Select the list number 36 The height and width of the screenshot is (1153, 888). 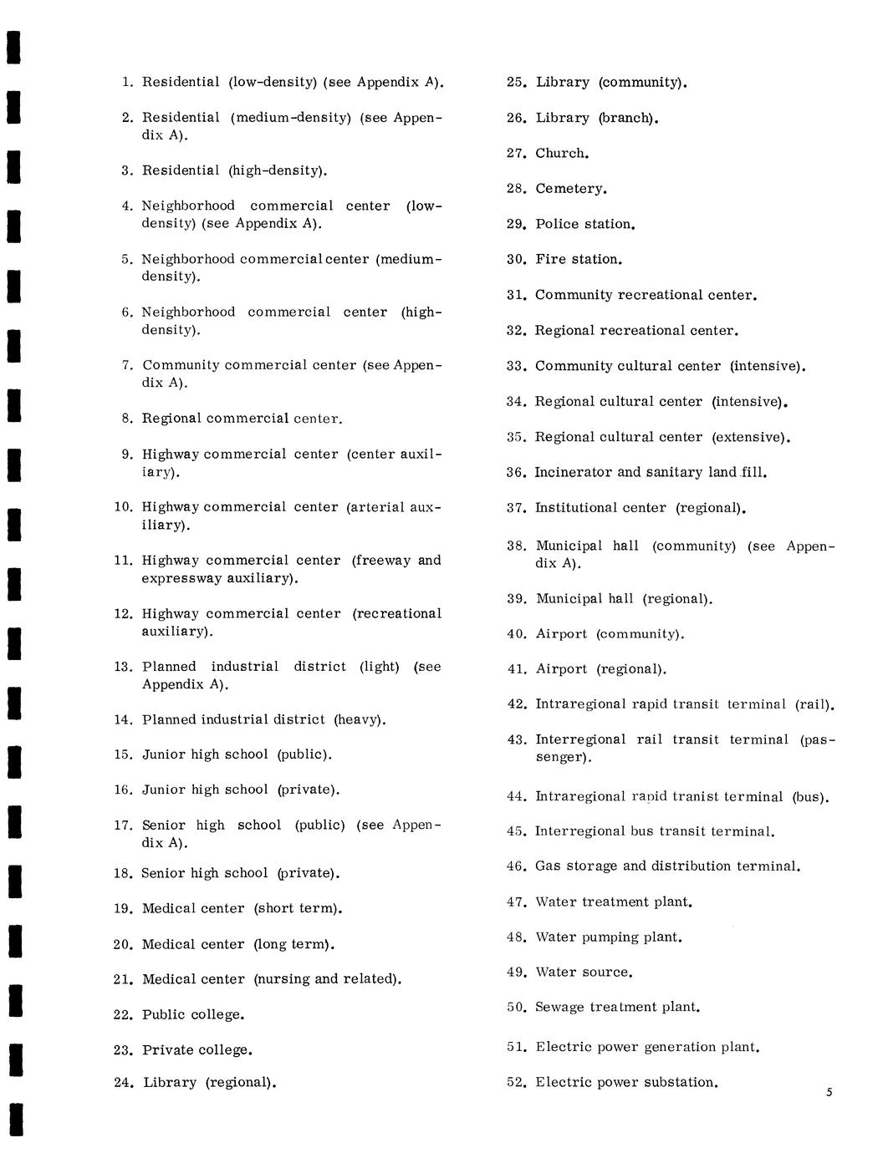point(515,473)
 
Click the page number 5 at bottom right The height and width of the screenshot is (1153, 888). point(829,1092)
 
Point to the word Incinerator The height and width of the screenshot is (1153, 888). point(574,473)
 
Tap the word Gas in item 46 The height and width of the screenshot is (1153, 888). point(549,866)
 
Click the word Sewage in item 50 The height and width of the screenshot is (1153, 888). point(559,1008)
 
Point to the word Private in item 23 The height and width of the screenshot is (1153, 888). point(167,1050)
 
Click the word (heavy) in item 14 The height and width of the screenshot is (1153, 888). point(359,719)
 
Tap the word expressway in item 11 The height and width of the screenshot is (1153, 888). point(179,578)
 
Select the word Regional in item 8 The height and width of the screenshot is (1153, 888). point(171,419)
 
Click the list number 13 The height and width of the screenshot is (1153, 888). point(123,667)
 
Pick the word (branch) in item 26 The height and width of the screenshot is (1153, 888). point(627,119)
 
